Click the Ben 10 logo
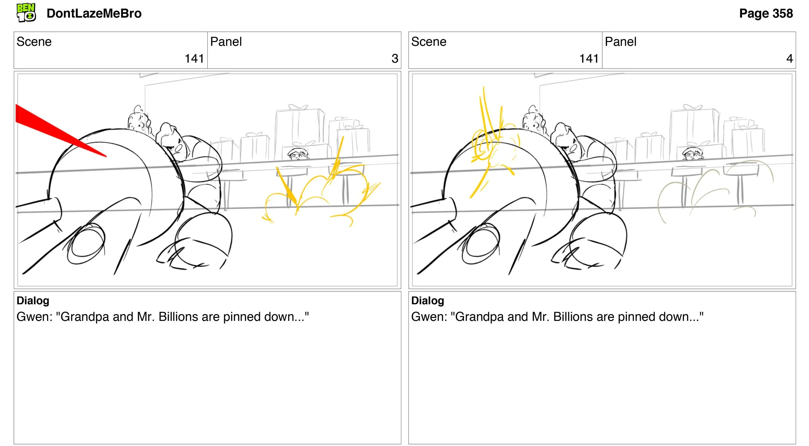pos(26,13)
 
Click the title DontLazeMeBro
pos(94,14)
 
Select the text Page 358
pos(766,14)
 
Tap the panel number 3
pos(395,59)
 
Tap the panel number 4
pos(790,59)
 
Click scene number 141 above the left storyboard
pos(194,59)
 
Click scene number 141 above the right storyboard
pos(589,59)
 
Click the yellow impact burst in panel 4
pos(492,142)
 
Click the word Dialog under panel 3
pos(33,301)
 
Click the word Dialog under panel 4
pos(428,301)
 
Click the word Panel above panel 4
pos(621,42)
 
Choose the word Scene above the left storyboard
pos(34,42)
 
